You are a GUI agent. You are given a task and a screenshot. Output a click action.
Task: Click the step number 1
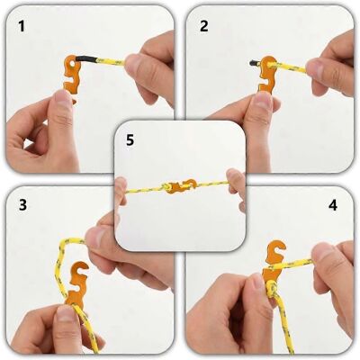click(22, 26)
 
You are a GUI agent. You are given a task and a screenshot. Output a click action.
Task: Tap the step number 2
click(203, 26)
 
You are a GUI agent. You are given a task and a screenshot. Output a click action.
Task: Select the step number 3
click(22, 205)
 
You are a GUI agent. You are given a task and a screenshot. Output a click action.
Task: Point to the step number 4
click(333, 205)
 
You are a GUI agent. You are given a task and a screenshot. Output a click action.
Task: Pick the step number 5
click(130, 140)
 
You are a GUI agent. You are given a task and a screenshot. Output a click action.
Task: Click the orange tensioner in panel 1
click(71, 76)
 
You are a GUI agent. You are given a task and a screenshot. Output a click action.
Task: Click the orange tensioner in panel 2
click(266, 75)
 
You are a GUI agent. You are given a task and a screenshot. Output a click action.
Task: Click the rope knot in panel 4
click(273, 290)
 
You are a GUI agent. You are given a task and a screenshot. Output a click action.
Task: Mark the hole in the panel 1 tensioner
click(71, 63)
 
